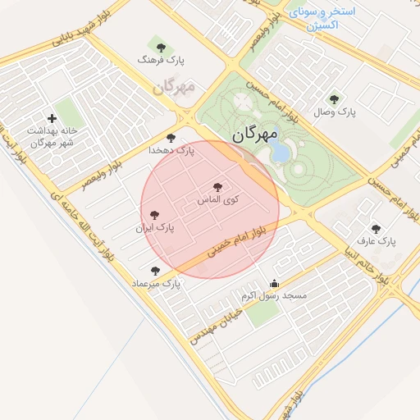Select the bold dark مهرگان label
coord(255,135)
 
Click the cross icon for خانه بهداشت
coord(52,119)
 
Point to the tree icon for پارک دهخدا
coord(171,138)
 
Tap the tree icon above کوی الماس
coord(217,187)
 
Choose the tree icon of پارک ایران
coord(155,214)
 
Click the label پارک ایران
coord(156,226)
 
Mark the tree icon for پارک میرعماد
coord(156,270)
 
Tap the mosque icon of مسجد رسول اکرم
coord(274,284)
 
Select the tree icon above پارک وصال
coord(333,98)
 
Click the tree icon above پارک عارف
coord(376,229)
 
